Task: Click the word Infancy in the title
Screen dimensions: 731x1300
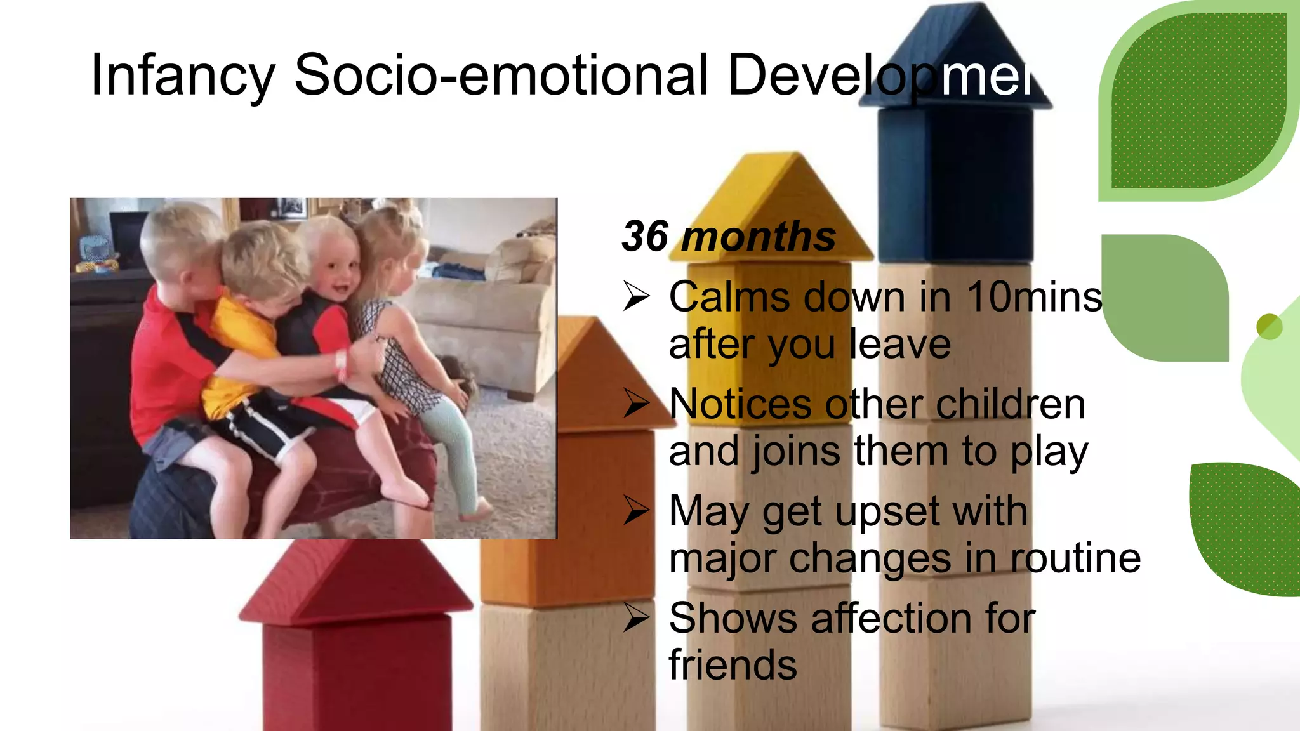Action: tap(183, 76)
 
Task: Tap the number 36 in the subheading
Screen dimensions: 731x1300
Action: tap(645, 237)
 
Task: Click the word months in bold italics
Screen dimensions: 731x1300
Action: tap(759, 237)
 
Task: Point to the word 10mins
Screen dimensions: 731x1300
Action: tap(1035, 297)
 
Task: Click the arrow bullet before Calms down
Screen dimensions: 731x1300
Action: tap(636, 296)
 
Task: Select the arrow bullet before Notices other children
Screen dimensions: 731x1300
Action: tap(636, 404)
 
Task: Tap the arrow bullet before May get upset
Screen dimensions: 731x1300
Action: tap(636, 511)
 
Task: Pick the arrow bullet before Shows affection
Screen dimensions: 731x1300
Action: tap(636, 617)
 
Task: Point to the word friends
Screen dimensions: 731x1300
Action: tap(733, 665)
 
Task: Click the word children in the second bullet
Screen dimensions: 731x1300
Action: tap(1011, 404)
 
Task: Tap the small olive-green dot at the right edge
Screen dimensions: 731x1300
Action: tap(1270, 327)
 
